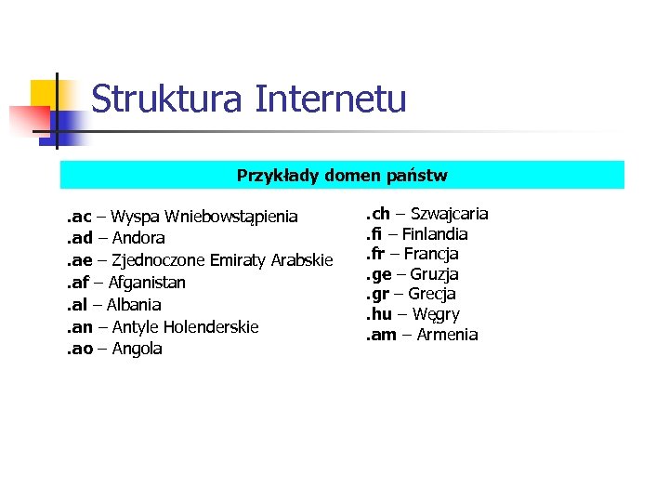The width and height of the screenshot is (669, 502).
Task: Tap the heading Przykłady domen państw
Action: pos(342,175)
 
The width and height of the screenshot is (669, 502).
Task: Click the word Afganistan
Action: pos(147,283)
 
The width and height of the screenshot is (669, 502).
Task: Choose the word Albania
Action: pos(134,305)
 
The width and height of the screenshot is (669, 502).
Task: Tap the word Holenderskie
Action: pos(211,327)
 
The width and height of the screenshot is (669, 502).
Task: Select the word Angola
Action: pos(138,350)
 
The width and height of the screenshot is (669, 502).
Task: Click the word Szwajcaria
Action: pos(449,214)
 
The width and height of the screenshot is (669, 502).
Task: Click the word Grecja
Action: pos(432,295)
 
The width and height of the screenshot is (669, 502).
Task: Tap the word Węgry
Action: pos(436,315)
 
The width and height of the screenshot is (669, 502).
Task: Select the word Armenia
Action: pos(447,335)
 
